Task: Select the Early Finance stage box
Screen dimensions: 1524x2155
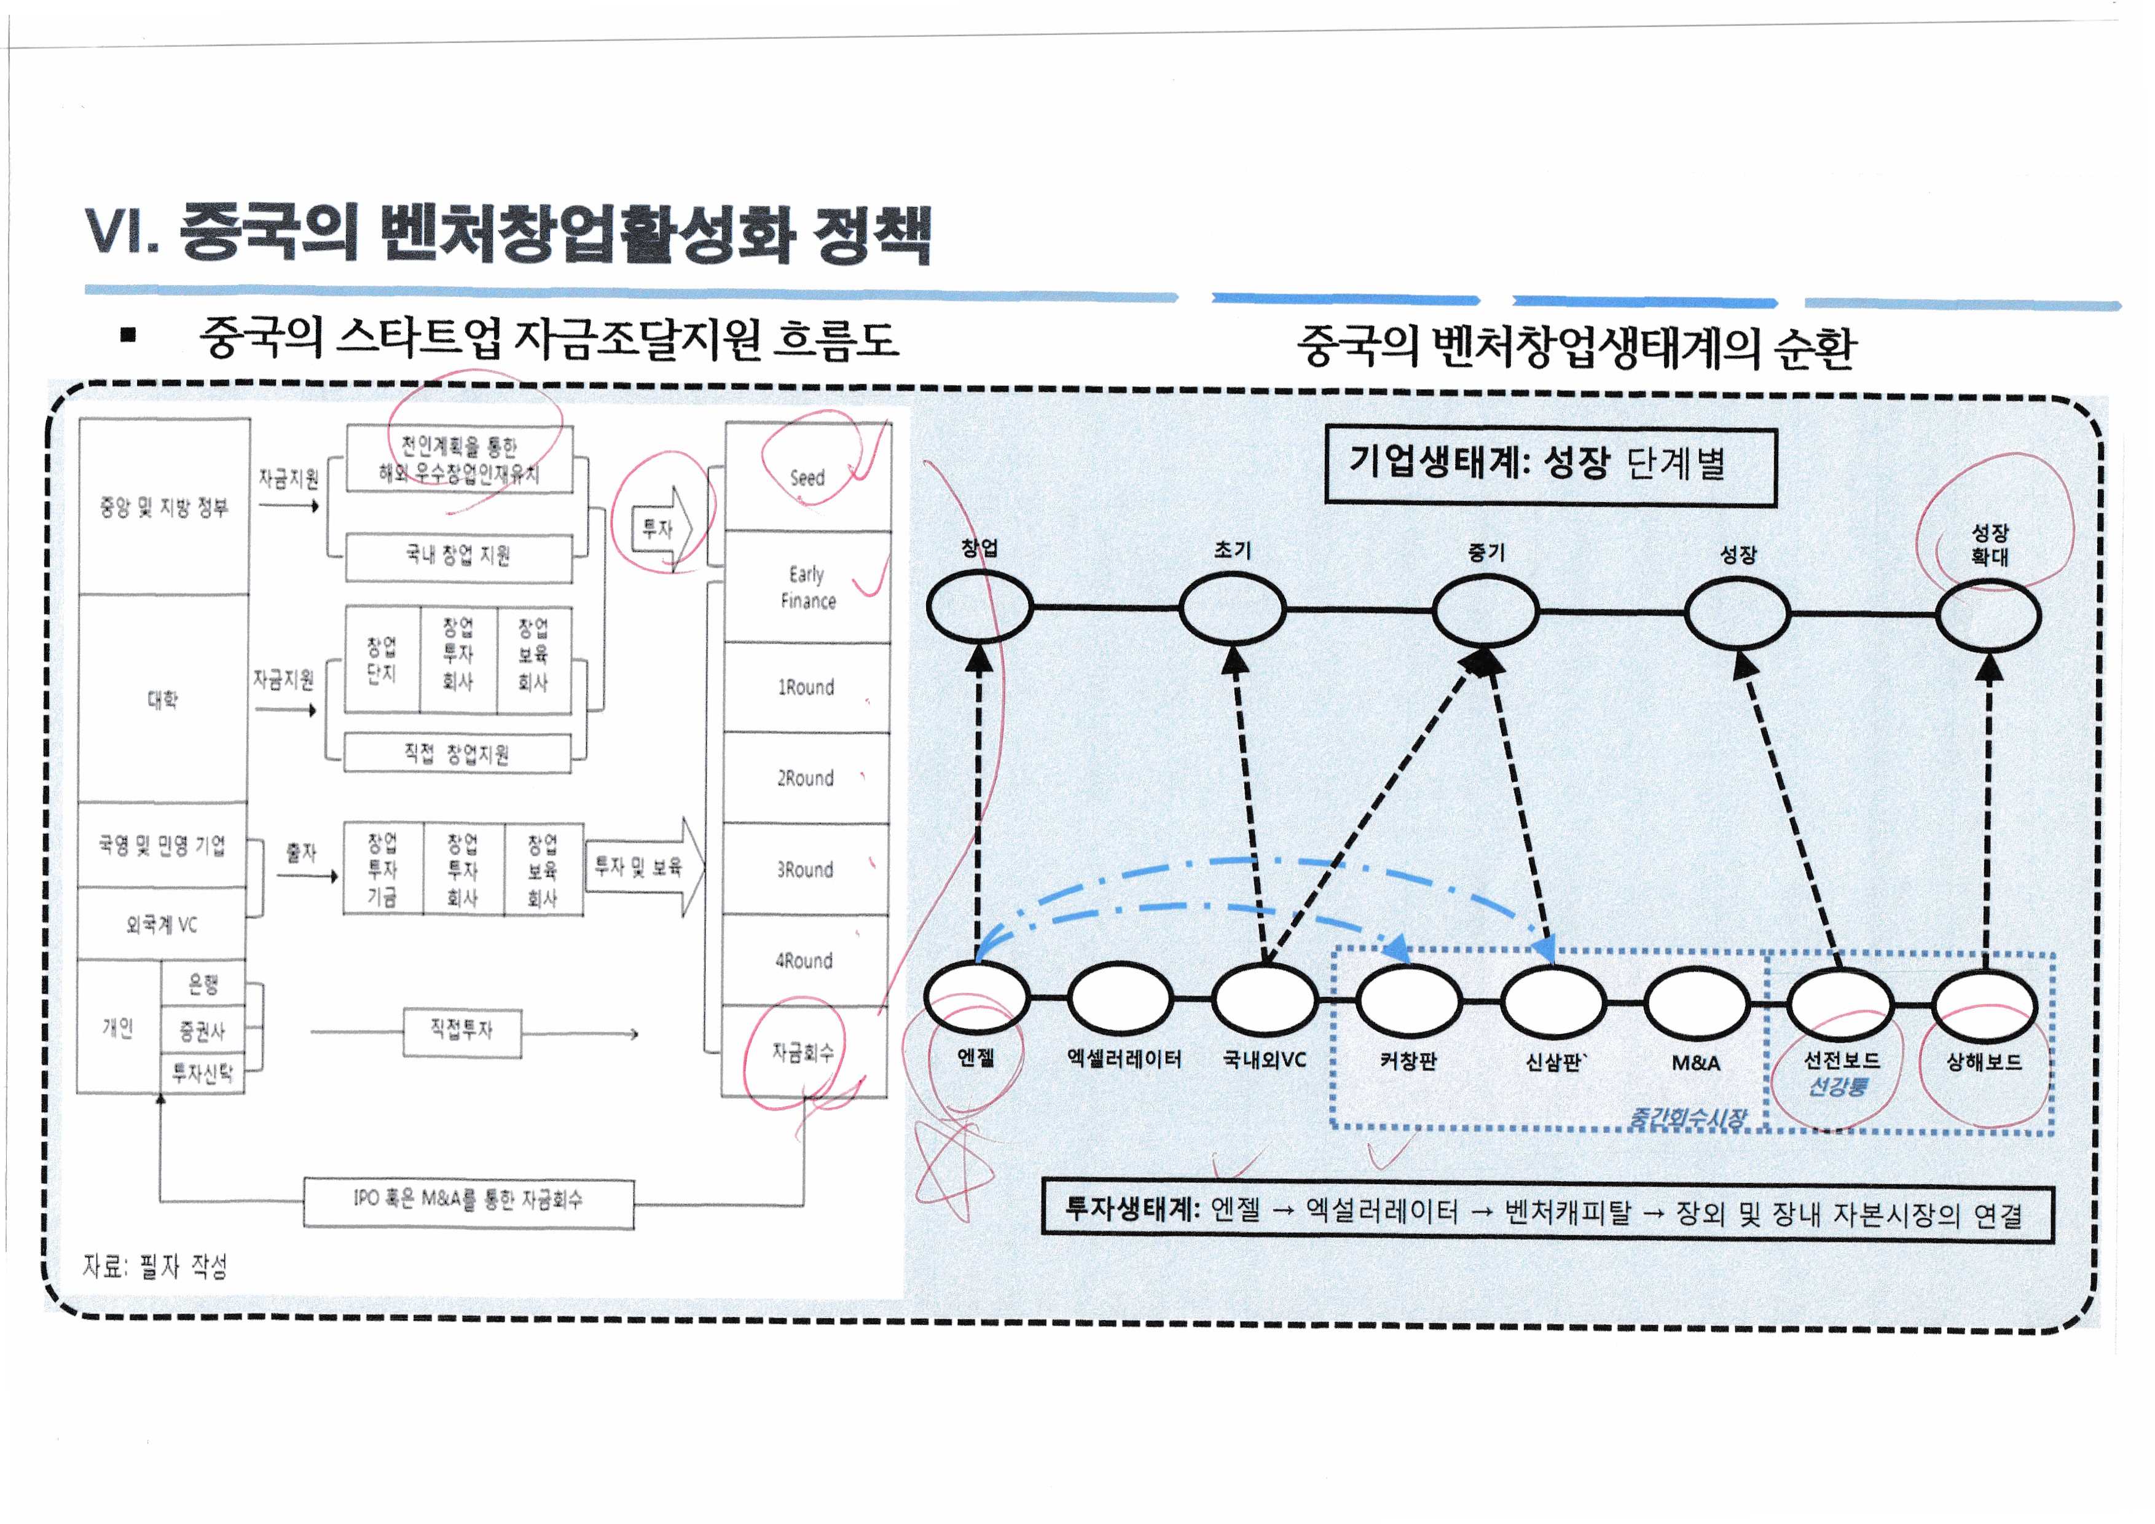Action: tap(807, 586)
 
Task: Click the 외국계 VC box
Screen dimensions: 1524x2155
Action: tap(162, 924)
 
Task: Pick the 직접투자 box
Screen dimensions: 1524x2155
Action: tap(462, 1031)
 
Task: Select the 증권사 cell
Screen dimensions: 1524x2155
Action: tap(203, 1031)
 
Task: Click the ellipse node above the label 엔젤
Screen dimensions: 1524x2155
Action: tap(976, 997)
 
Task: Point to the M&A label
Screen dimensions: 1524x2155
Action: tap(1696, 1063)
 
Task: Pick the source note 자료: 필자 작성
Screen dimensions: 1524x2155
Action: tap(155, 1267)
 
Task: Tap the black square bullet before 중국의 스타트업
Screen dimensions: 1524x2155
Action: tap(128, 334)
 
